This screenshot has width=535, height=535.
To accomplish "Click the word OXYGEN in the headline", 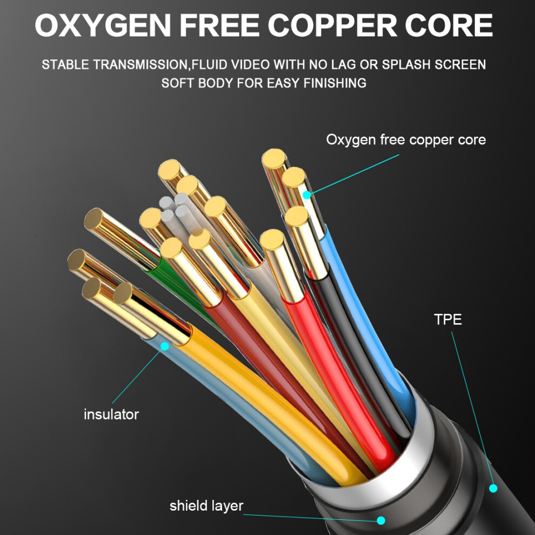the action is pos(103,25).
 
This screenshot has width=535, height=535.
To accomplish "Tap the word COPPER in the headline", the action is pos(332,25).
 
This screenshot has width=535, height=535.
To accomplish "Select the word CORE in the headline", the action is pos(449,25).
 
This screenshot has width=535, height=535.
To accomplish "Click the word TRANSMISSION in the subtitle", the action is pos(141,65).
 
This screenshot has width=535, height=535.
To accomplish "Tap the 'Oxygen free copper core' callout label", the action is pos(406,139).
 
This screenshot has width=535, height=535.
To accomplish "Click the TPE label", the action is pos(447,319).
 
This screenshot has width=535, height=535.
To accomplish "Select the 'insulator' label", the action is pos(111,414).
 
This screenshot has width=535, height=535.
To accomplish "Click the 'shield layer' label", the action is pos(206,506).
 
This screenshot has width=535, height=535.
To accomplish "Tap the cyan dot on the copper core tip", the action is pos(307,195).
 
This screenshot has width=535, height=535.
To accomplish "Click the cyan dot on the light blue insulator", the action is pos(165,346).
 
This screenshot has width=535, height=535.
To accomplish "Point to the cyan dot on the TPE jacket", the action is pos(493,489).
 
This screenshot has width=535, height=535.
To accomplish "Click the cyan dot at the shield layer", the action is pos(381,520).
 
